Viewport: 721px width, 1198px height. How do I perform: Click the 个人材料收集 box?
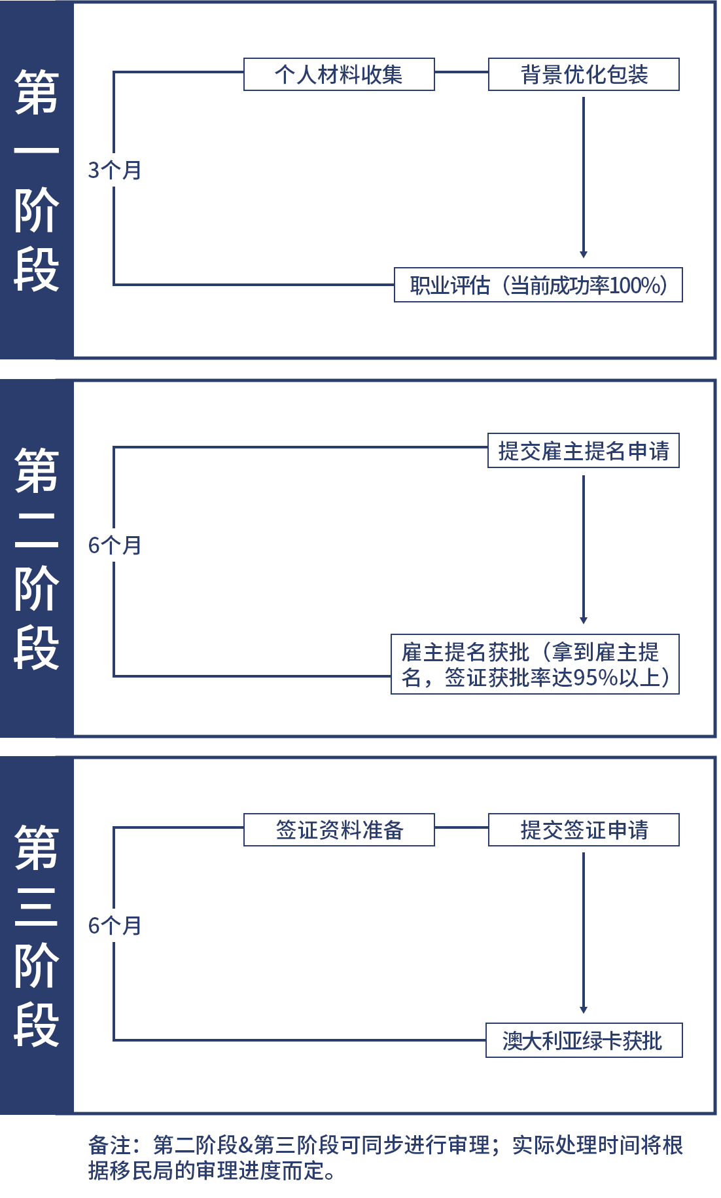pyautogui.click(x=339, y=75)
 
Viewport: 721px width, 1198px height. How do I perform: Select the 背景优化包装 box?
pyautogui.click(x=584, y=75)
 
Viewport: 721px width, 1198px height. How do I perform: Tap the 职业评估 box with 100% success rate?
pyautogui.click(x=538, y=285)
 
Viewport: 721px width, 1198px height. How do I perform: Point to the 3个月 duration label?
pyautogui.click(x=115, y=170)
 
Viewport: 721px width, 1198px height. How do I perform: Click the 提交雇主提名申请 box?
pyautogui.click(x=584, y=450)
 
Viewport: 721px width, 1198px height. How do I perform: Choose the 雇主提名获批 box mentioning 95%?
pyautogui.click(x=535, y=664)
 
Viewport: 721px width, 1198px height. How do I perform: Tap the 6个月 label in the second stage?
pyautogui.click(x=115, y=545)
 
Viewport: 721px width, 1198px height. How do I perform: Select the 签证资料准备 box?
pyautogui.click(x=339, y=829)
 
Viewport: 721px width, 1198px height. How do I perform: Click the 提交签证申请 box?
pyautogui.click(x=584, y=829)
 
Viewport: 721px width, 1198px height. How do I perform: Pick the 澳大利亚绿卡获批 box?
pyautogui.click(x=584, y=1040)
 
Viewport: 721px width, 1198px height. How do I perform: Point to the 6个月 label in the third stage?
pyautogui.click(x=115, y=926)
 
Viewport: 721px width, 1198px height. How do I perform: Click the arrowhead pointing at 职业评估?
pyautogui.click(x=584, y=255)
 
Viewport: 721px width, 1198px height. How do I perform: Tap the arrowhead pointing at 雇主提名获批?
pyautogui.click(x=584, y=621)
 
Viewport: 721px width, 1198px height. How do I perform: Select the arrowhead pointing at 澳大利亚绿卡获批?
pyautogui.click(x=584, y=1010)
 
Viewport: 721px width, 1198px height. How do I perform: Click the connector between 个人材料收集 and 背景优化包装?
pyautogui.click(x=461, y=72)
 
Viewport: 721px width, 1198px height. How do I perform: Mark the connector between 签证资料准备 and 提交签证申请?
pyautogui.click(x=461, y=827)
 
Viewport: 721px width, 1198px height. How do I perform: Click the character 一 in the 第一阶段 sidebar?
pyautogui.click(x=37, y=151)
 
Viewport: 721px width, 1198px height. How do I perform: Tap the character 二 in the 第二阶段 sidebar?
pyautogui.click(x=37, y=528)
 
